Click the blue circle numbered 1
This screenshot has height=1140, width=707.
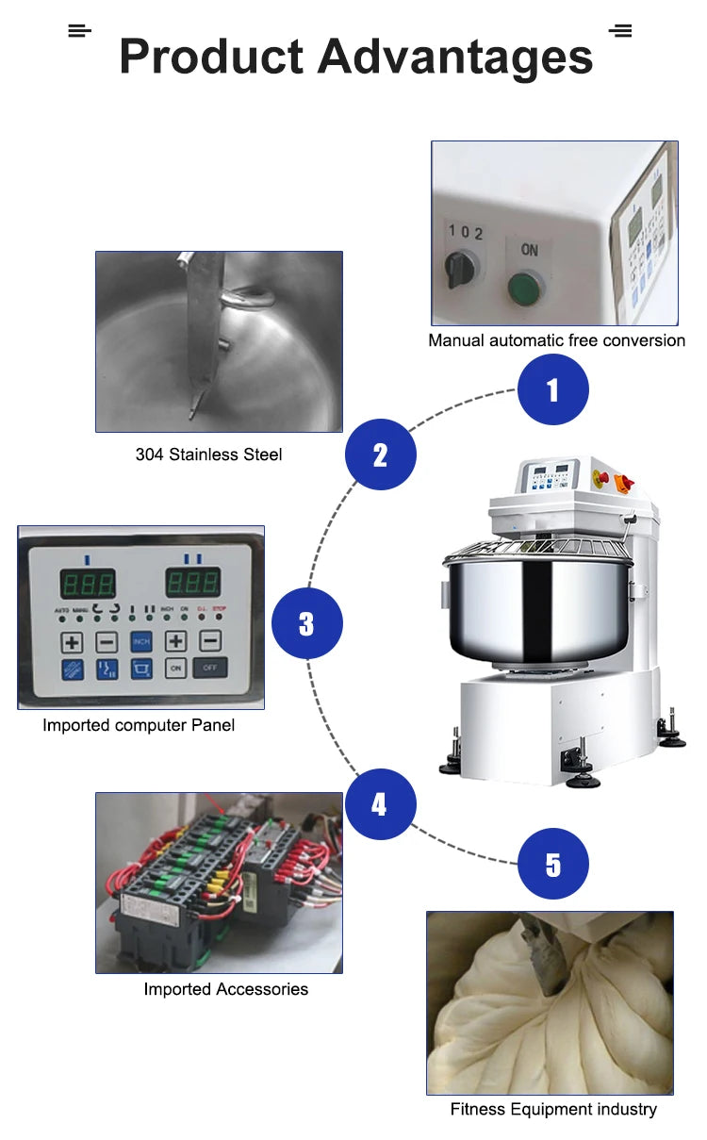coord(553,389)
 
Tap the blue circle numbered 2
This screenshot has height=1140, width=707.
coord(380,455)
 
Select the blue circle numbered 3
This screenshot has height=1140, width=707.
coord(306,623)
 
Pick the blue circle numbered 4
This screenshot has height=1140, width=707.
coord(379,804)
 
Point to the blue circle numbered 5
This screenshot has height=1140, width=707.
coord(553,864)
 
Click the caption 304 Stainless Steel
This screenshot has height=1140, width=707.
coord(208,454)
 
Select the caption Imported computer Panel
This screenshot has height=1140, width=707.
coord(139,725)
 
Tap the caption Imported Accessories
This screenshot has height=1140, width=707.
coord(225,989)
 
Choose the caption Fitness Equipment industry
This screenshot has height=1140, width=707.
coord(553,1109)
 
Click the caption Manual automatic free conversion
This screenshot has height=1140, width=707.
coord(556,340)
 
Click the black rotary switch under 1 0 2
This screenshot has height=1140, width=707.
coord(459,270)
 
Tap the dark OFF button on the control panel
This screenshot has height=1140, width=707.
coord(209,668)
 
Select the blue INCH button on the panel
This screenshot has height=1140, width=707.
coord(141,642)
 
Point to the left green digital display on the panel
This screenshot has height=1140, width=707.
coord(88,581)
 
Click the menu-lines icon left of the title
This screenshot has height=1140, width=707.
coord(79,31)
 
